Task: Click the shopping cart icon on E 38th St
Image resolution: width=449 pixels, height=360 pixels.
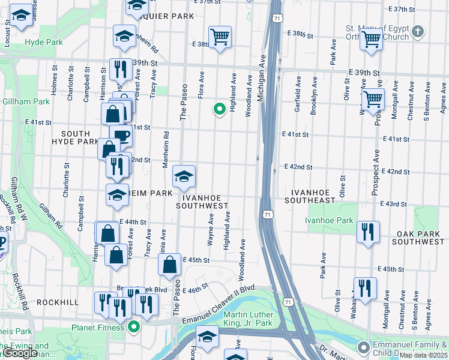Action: pos(220,37)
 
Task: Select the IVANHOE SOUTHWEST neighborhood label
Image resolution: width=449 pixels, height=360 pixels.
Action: pos(202,202)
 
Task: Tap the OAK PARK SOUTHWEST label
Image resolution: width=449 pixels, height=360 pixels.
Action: pos(418,237)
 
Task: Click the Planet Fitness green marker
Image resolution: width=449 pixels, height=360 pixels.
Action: pos(134,327)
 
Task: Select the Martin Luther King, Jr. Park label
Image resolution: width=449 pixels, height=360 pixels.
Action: pos(248,319)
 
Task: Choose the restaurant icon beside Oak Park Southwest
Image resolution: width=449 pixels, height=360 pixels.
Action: pos(367,232)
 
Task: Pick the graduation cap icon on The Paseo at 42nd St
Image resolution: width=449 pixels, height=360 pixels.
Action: pos(184,175)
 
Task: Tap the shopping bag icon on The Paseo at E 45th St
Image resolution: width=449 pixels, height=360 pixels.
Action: pos(170,264)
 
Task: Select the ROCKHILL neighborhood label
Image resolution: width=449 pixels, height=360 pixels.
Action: pos(58,302)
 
